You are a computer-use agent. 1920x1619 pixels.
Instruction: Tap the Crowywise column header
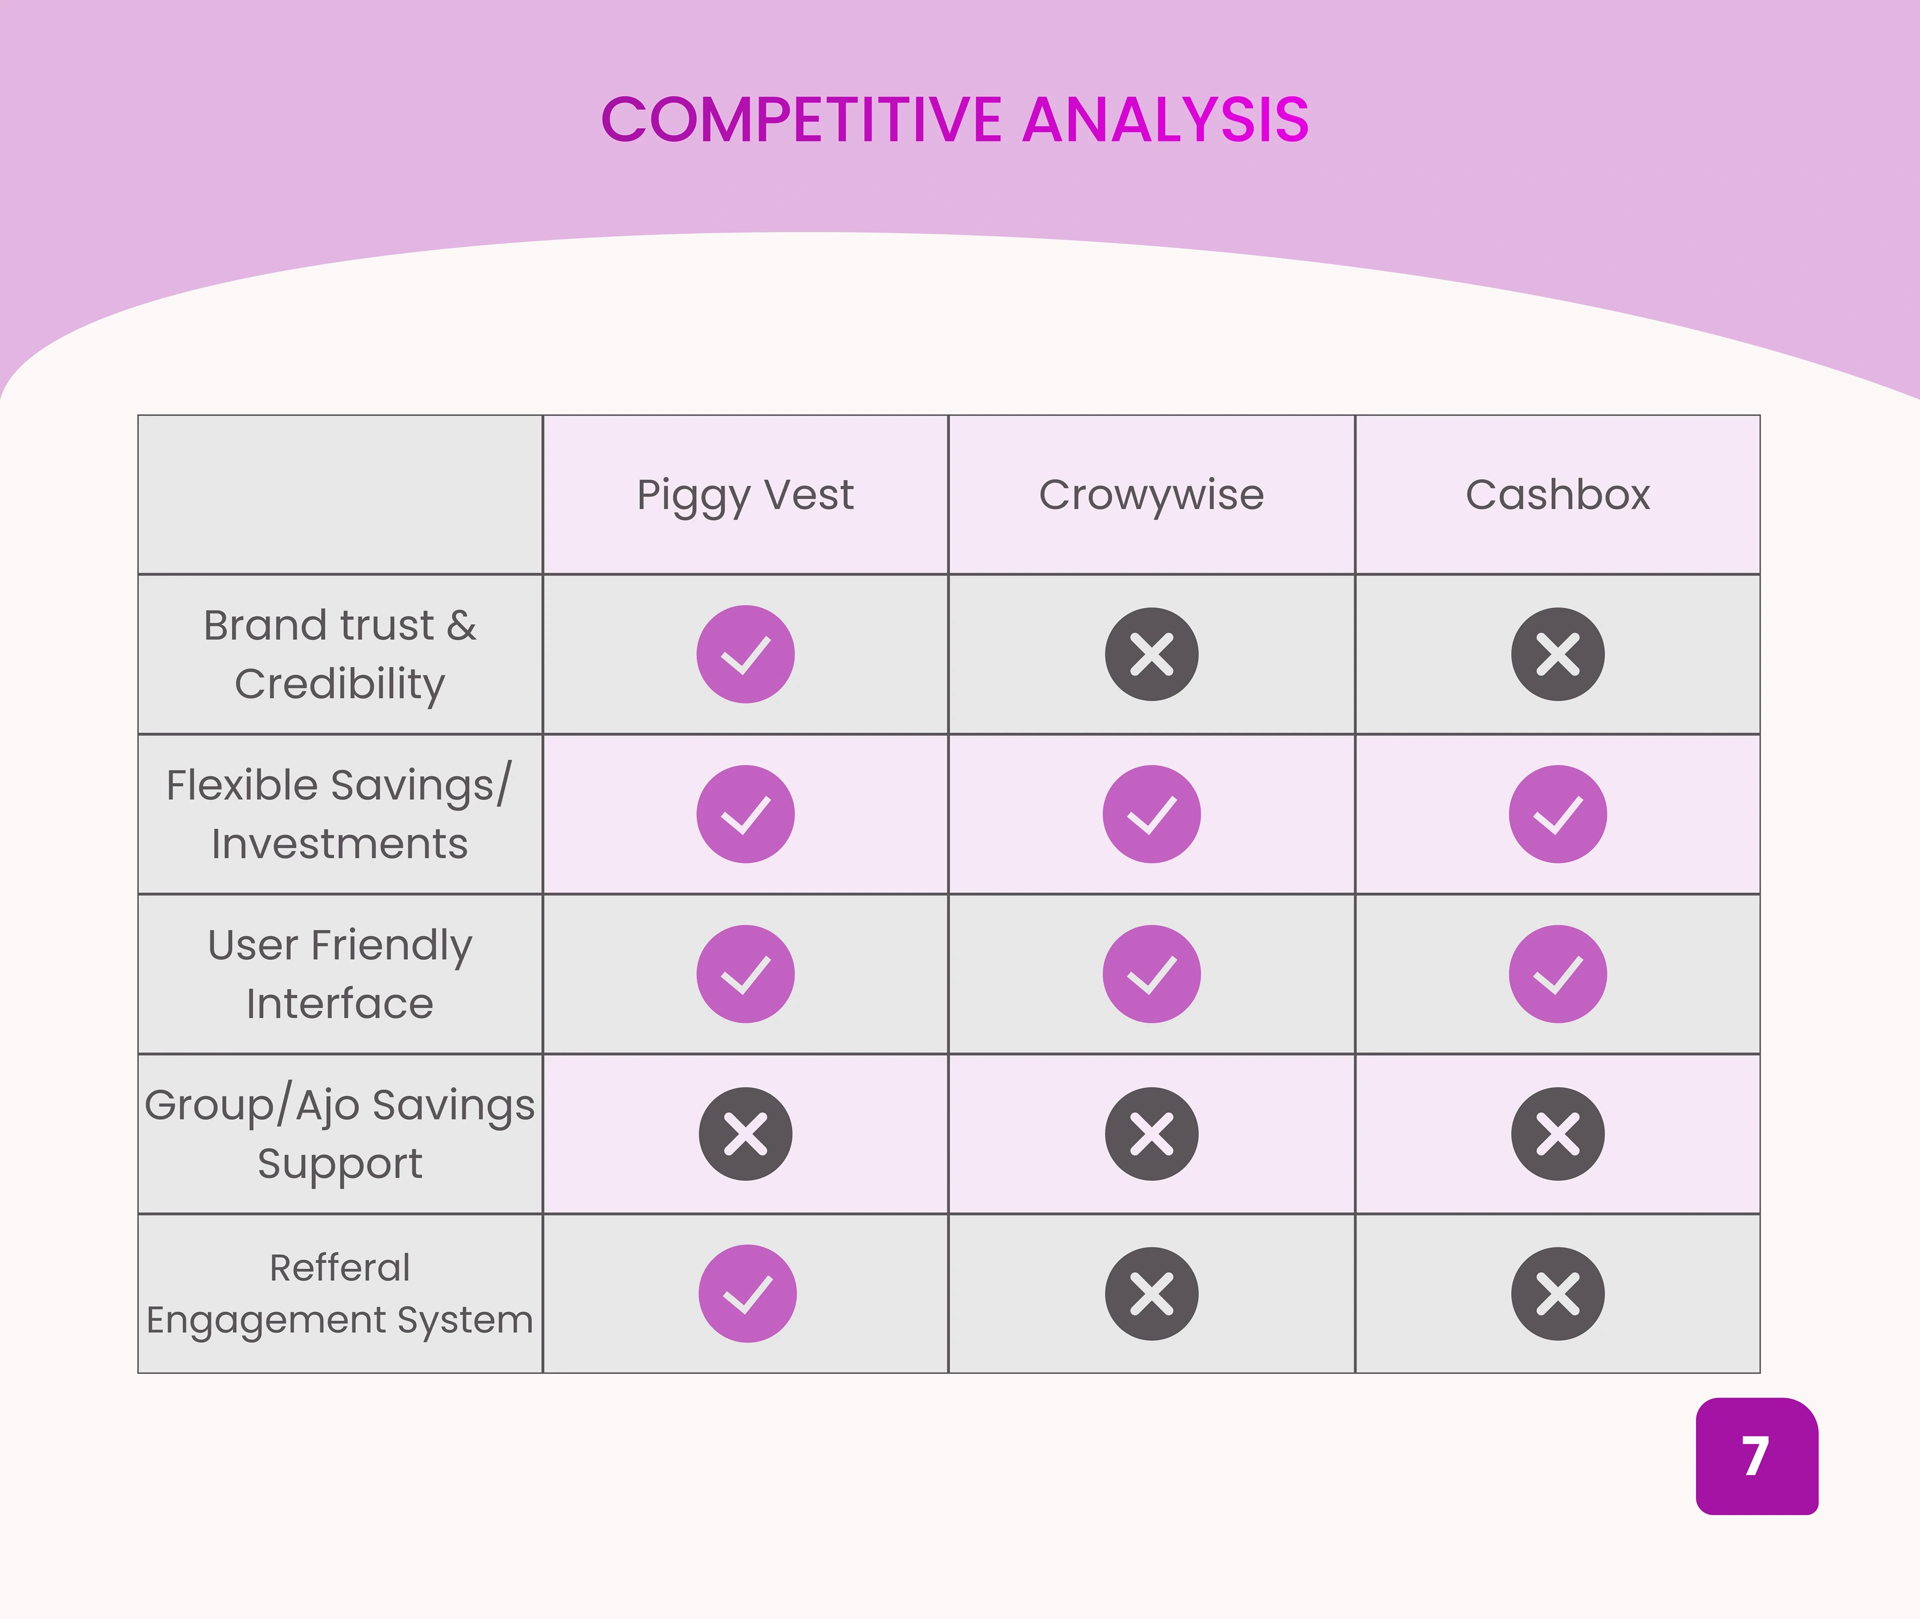pos(1151,496)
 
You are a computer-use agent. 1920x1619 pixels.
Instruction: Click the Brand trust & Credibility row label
pos(339,655)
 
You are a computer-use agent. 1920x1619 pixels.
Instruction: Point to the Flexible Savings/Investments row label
pos(339,814)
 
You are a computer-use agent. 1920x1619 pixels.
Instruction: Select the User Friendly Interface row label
pos(339,974)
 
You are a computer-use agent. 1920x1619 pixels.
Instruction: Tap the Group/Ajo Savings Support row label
pos(339,1133)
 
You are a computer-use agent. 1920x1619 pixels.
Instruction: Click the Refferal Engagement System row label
pos(339,1293)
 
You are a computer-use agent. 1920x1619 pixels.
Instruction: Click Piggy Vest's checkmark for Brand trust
pos(745,655)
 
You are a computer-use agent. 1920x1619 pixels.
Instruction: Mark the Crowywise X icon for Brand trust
pos(1151,655)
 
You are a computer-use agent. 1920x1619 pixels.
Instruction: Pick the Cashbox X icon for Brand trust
pos(1558,655)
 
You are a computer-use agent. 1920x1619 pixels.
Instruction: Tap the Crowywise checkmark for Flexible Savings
pos(1151,814)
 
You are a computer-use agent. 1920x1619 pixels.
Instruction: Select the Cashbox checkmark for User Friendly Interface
pos(1558,974)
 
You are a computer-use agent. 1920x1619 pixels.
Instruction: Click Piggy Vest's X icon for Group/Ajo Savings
pos(745,1133)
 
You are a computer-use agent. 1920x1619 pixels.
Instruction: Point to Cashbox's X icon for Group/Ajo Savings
pos(1558,1133)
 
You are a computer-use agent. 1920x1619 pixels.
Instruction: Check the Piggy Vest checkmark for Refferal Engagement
pos(747,1293)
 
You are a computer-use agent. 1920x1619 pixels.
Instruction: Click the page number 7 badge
pos(1756,1457)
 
